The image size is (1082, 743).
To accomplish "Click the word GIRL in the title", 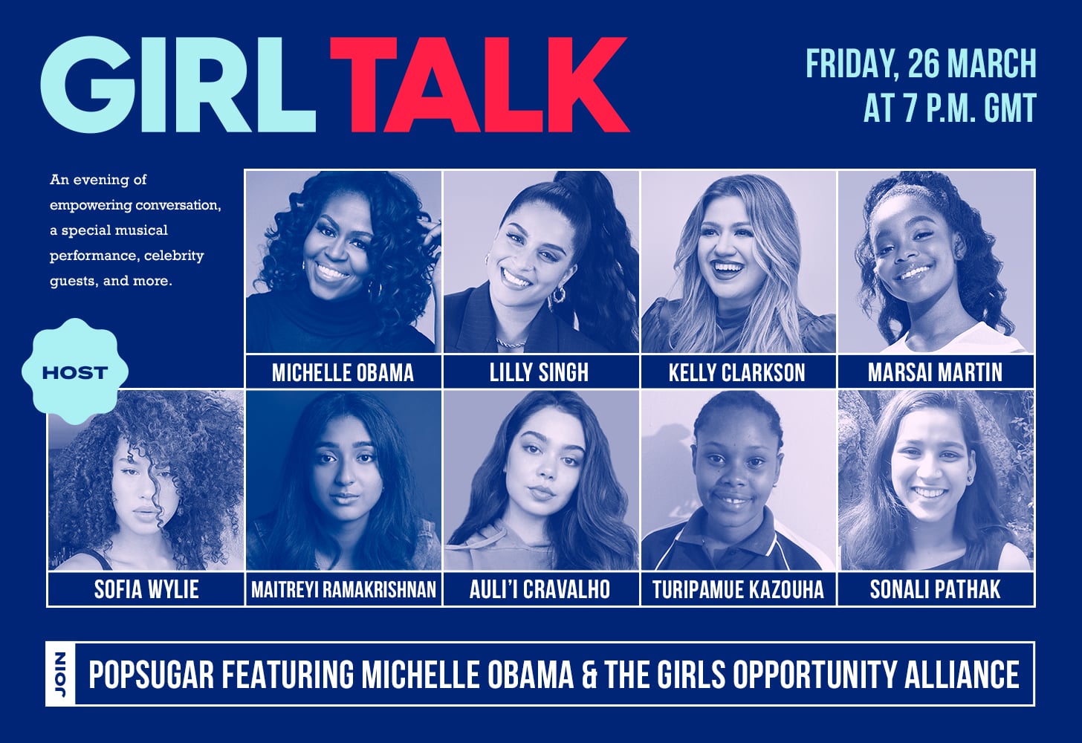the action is [178, 84].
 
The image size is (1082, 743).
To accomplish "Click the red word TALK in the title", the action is [479, 84].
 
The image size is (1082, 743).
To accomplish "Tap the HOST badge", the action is [75, 372].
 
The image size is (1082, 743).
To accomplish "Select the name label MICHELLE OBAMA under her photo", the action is [343, 372].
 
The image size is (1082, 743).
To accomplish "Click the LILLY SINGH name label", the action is [539, 372].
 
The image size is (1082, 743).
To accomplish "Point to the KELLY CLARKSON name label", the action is [737, 372].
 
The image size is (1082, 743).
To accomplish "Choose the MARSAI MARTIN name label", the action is [935, 372].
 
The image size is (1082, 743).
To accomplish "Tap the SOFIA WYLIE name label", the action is [146, 589].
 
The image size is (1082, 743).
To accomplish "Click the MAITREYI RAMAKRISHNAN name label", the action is [343, 589].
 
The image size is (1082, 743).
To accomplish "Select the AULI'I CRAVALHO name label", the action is [540, 589].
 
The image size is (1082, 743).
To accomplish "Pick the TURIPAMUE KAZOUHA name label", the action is [738, 589].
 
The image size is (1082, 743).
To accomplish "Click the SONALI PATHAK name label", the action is [935, 589].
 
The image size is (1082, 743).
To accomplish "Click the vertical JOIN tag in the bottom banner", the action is [61, 674].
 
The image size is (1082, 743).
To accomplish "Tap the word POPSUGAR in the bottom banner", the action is [151, 674].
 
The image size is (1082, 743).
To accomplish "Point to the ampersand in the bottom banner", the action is [589, 674].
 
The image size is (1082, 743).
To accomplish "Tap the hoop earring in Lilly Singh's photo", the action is [557, 294].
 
